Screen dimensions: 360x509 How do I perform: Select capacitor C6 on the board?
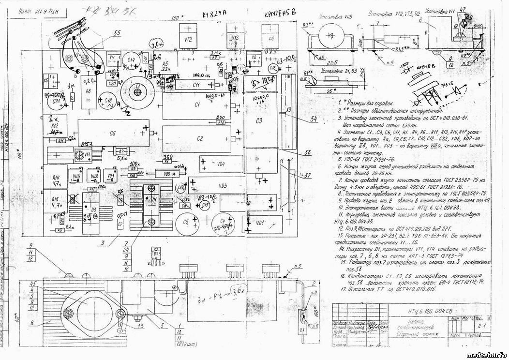(112, 133)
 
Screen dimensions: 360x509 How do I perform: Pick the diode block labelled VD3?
(223, 186)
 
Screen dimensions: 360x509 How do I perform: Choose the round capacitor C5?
(185, 224)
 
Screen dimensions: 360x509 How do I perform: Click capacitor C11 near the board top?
(196, 85)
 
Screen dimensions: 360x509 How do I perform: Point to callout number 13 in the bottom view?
(140, 326)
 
